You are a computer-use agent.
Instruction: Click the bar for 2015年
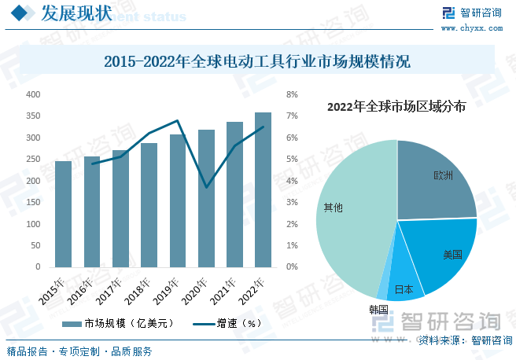click(63, 214)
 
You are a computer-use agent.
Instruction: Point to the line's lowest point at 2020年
click(206, 187)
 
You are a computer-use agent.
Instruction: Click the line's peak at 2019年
click(178, 121)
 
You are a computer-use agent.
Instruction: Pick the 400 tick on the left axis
click(33, 94)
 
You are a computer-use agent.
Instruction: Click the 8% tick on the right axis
click(292, 94)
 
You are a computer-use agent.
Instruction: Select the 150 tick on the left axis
click(33, 203)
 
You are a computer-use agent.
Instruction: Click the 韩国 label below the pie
click(378, 310)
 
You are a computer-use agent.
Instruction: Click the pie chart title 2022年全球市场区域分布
click(396, 106)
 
